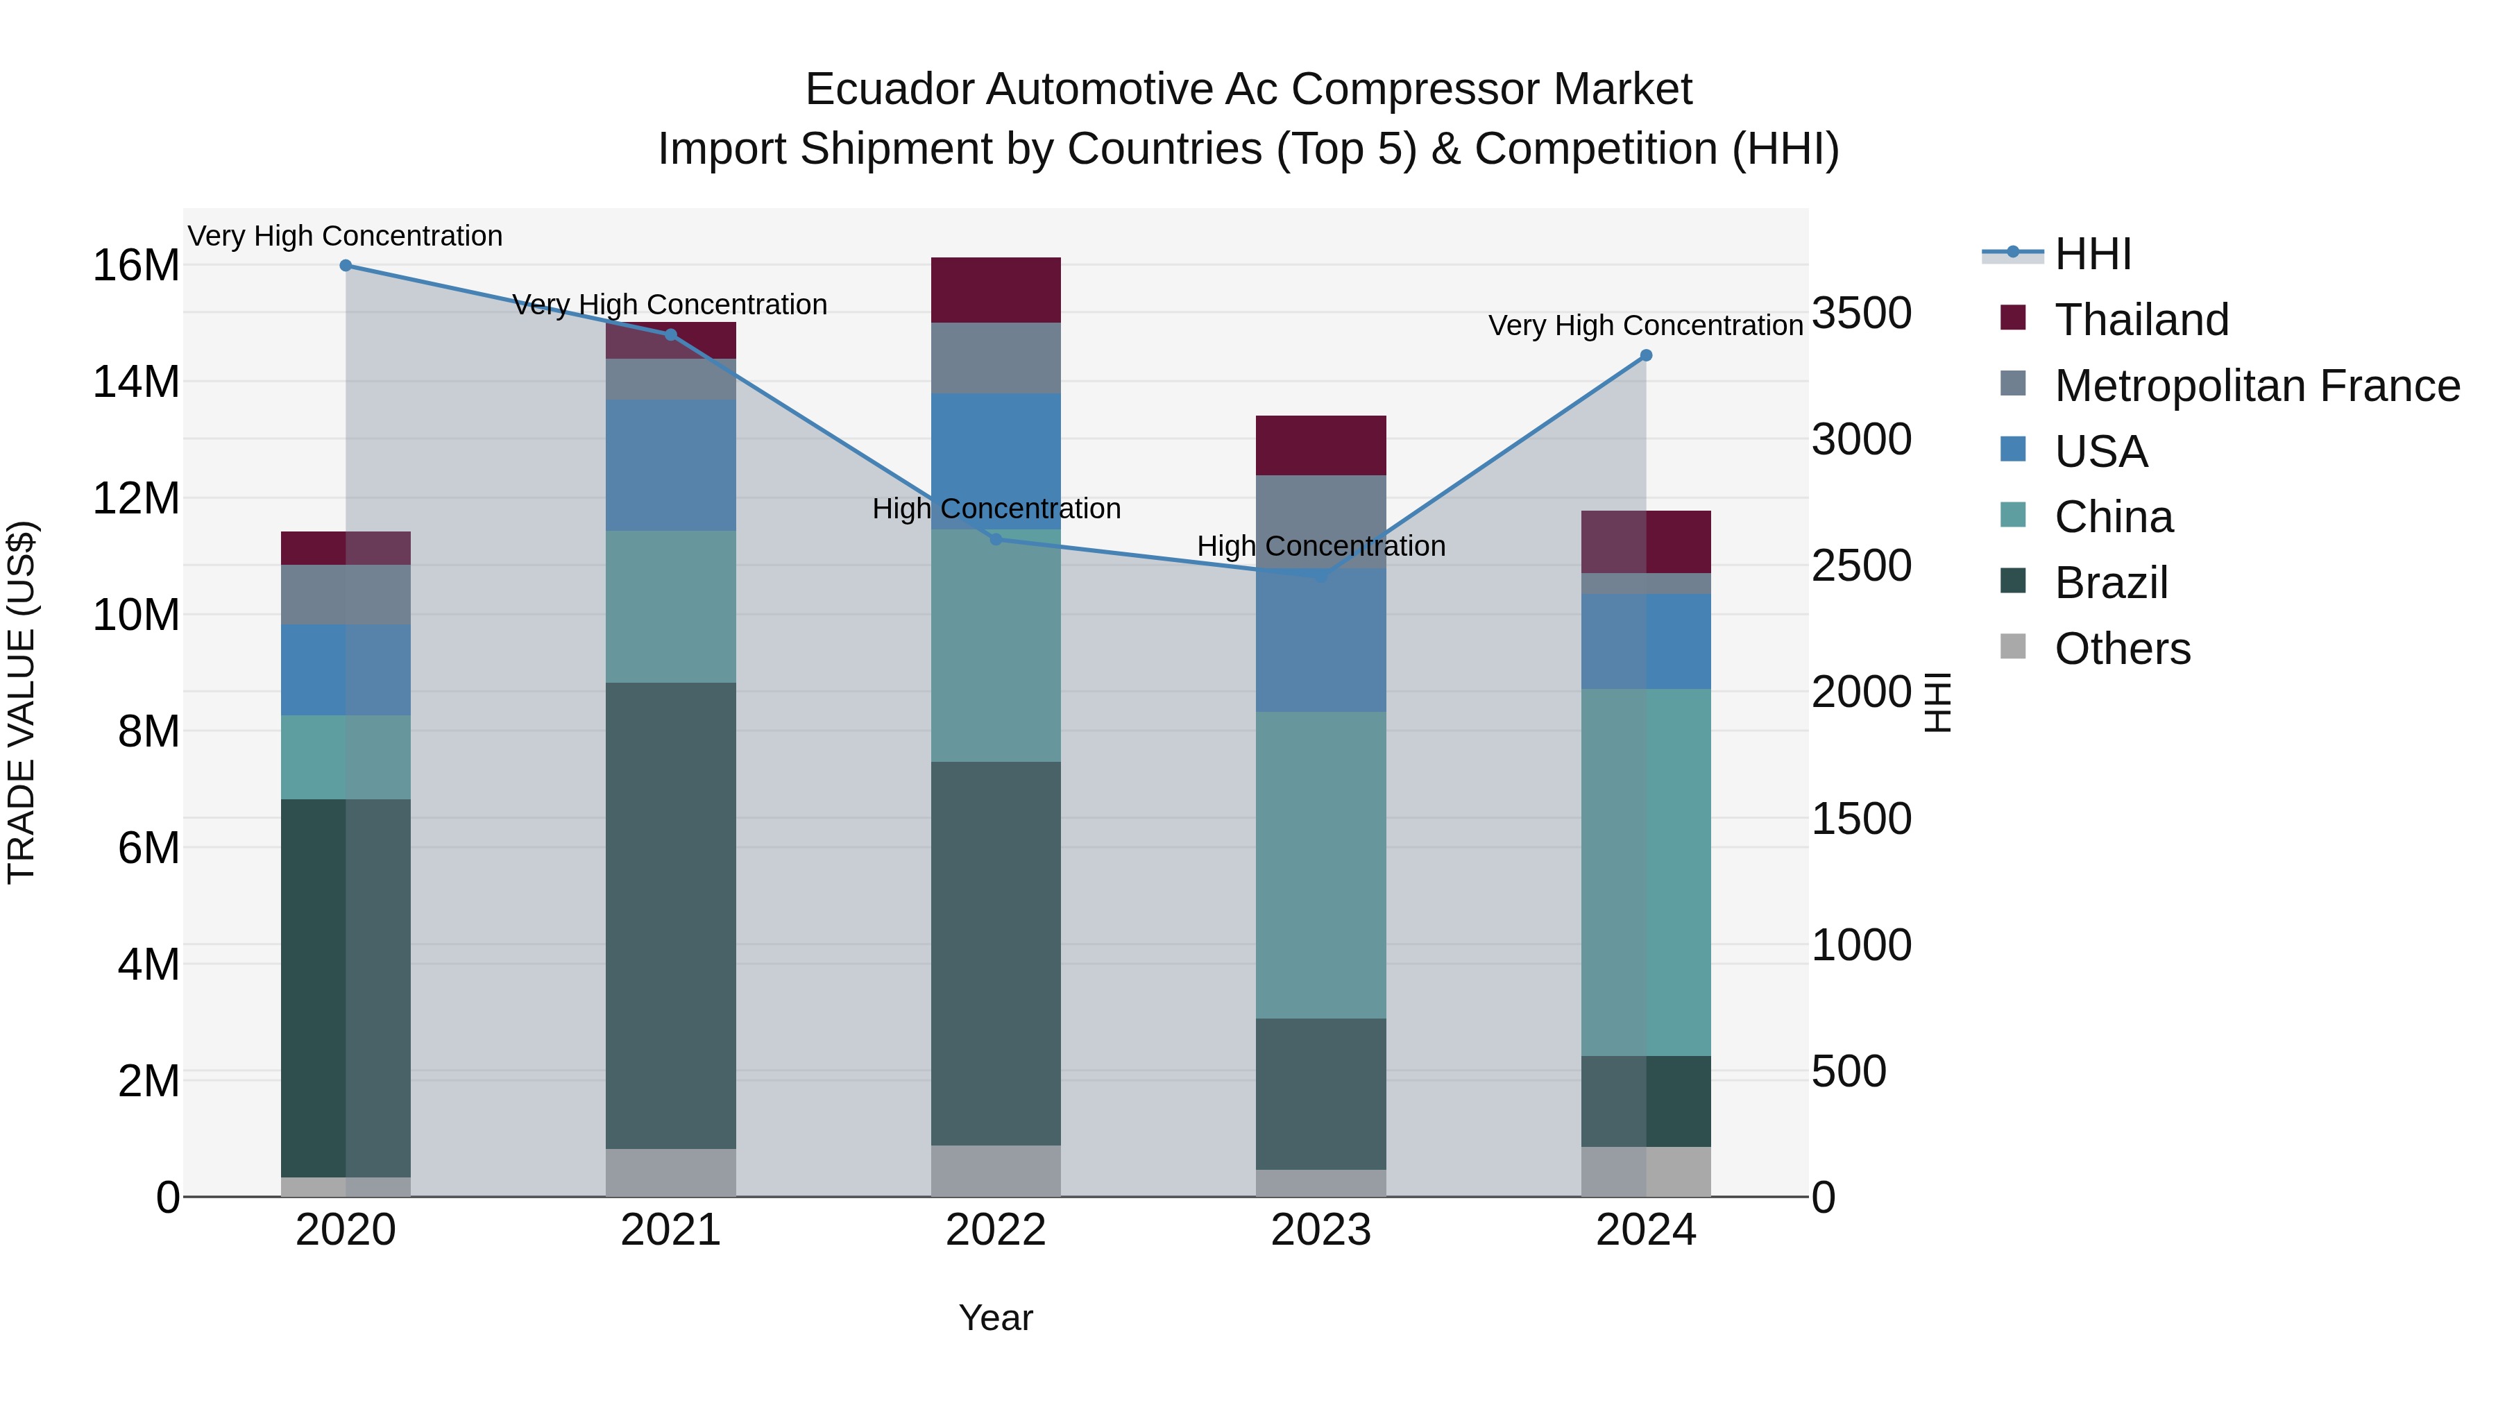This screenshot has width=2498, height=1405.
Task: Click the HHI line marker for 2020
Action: click(x=346, y=266)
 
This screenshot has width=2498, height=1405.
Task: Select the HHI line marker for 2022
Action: click(x=996, y=539)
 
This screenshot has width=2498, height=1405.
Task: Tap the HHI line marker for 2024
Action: click(x=1646, y=356)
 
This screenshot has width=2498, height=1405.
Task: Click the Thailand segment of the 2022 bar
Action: click(x=996, y=290)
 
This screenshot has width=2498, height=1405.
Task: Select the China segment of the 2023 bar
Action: click(x=1320, y=865)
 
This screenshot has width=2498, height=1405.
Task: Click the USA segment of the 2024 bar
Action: click(x=1646, y=641)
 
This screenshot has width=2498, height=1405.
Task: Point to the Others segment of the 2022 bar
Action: click(x=996, y=1170)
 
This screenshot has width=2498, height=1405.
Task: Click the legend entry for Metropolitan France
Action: click(x=2257, y=386)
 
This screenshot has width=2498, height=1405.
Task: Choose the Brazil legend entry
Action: click(x=2110, y=583)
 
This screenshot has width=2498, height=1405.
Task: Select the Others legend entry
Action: click(x=2122, y=649)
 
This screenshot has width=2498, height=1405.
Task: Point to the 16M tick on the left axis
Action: click(x=136, y=266)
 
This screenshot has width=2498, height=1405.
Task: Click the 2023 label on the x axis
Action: click(x=1320, y=1230)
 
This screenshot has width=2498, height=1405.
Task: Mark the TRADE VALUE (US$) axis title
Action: click(x=22, y=702)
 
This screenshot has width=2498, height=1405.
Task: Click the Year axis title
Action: click(x=996, y=1318)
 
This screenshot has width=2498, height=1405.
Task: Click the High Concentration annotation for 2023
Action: click(x=1320, y=546)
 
